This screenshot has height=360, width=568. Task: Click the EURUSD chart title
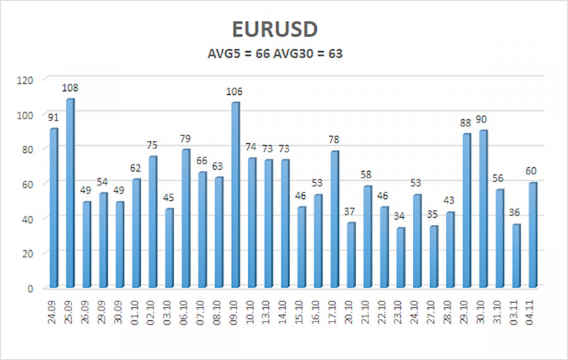click(x=284, y=30)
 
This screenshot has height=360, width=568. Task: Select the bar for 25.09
click(x=70, y=193)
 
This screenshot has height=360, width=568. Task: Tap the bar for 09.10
click(x=235, y=195)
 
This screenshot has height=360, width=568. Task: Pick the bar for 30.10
click(x=483, y=209)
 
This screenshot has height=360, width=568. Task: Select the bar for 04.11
click(x=532, y=235)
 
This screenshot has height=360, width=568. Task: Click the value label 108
click(x=70, y=88)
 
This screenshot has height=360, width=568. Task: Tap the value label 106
click(x=235, y=92)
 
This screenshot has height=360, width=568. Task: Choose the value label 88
click(x=466, y=123)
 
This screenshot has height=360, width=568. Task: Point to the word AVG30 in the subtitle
click(x=295, y=54)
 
